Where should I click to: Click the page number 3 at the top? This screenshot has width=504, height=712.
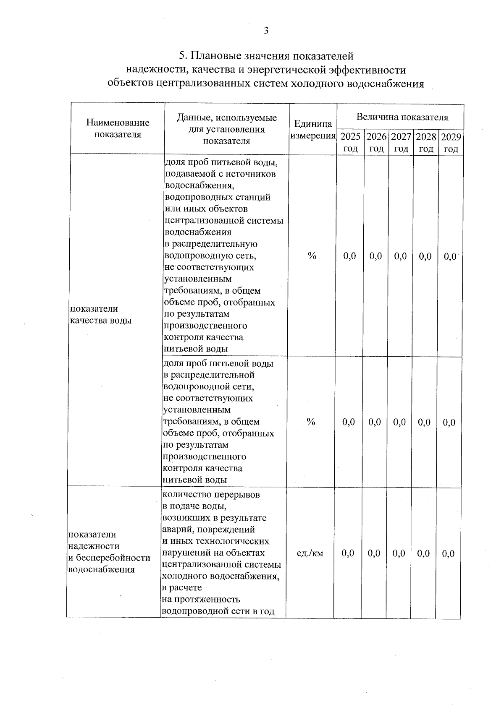265,30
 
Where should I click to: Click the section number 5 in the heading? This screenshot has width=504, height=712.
181,56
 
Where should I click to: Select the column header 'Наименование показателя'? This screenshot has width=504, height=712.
118,128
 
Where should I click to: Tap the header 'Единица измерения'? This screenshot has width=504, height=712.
312,130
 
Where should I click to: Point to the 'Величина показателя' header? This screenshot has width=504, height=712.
402,117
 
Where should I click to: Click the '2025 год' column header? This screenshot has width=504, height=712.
350,143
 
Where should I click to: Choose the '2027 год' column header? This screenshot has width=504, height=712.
401,143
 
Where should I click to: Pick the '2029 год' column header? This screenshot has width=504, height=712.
451,143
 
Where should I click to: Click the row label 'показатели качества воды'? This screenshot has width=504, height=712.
100,315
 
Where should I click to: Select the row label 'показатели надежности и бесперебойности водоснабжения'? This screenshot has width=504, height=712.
109,552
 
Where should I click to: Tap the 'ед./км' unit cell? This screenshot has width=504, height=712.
310,553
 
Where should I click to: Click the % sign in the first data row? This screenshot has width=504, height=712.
312,256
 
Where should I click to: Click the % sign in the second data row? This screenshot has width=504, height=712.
311,422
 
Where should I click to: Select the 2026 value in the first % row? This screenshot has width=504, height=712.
376,256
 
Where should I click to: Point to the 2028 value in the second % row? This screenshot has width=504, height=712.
424,422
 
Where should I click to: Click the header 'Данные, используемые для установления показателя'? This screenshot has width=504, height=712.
226,129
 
